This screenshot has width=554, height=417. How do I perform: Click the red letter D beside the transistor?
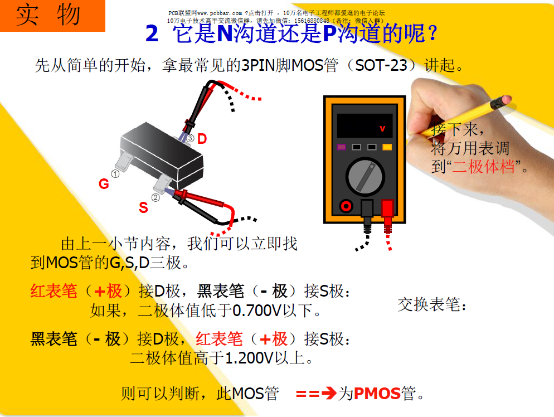pos(202,139)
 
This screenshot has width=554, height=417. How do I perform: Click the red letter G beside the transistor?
pos(104,184)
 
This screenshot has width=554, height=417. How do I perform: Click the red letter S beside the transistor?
pos(143,207)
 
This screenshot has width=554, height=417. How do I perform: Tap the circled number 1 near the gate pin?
pos(115,173)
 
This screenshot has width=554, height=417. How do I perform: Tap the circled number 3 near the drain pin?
pos(190,138)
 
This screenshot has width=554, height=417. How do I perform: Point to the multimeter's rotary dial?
pos(365,177)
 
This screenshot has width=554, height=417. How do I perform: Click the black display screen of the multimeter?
pos(365,125)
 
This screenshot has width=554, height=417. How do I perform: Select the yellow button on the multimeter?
pos(387,147)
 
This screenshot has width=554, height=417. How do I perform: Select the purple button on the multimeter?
pos(341,147)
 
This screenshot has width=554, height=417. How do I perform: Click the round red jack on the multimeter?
pos(346,206)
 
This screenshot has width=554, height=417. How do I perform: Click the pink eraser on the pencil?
pos(506,99)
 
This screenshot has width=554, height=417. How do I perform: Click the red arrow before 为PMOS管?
pos(316,394)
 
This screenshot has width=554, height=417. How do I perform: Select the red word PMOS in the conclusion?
pos(377,394)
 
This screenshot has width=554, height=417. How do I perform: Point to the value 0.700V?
pos(257,311)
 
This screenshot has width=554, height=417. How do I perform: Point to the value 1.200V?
pos(250,358)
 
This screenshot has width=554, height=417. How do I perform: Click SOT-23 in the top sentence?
pos(381,65)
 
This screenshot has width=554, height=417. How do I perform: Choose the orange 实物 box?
pos(52,16)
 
